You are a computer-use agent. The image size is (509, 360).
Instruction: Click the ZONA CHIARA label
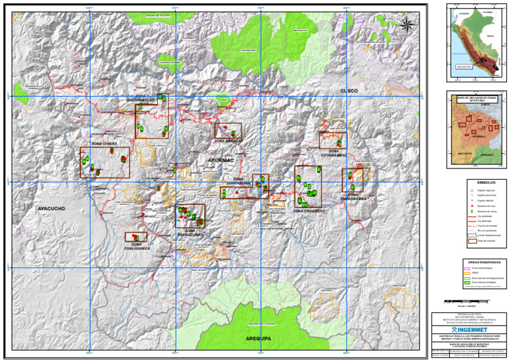[x=105, y=144]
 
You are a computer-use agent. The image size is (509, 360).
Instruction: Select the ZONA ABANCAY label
[x=227, y=141]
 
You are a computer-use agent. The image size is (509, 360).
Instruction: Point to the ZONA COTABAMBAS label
[x=335, y=153]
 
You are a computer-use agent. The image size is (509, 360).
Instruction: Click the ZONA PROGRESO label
[x=308, y=211]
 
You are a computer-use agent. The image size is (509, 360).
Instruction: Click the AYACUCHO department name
[x=51, y=209]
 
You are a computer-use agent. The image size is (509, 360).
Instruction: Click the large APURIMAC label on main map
[x=221, y=160]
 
